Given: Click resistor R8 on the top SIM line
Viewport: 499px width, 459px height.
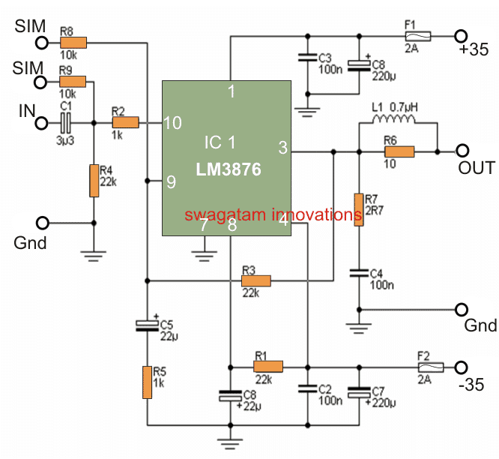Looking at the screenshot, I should [74, 43].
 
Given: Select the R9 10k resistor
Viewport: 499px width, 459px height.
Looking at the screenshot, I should [74, 82].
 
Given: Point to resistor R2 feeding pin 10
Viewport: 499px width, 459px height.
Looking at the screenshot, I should [125, 122].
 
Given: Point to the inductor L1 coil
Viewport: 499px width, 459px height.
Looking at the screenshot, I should [397, 122].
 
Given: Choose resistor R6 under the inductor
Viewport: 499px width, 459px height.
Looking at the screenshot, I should [399, 152].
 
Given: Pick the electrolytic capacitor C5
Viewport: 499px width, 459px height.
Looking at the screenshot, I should [147, 325].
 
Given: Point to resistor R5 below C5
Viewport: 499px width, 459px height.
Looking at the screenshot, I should [147, 382].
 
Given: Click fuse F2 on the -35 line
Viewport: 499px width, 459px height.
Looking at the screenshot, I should [430, 367].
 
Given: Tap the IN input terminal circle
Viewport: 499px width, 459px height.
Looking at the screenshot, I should [43, 122].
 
